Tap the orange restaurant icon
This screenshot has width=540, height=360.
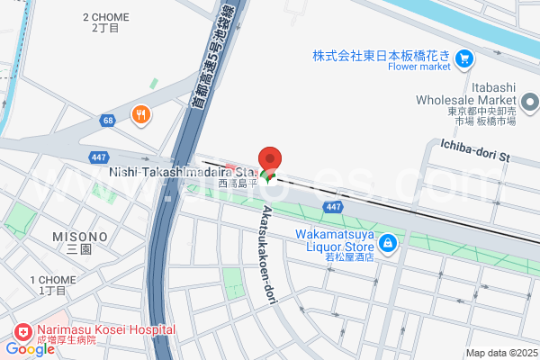coord(140,114)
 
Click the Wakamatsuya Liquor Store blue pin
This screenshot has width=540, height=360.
coord(387,242)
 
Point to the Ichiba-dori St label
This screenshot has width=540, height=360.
coord(475,149)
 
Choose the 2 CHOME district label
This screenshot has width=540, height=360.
coord(105,17)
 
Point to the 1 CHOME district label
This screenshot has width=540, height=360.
coord(51,280)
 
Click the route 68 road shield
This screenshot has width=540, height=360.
coord(108,120)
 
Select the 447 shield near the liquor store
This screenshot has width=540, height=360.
coord(333,207)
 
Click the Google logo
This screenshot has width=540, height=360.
coord(30,348)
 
